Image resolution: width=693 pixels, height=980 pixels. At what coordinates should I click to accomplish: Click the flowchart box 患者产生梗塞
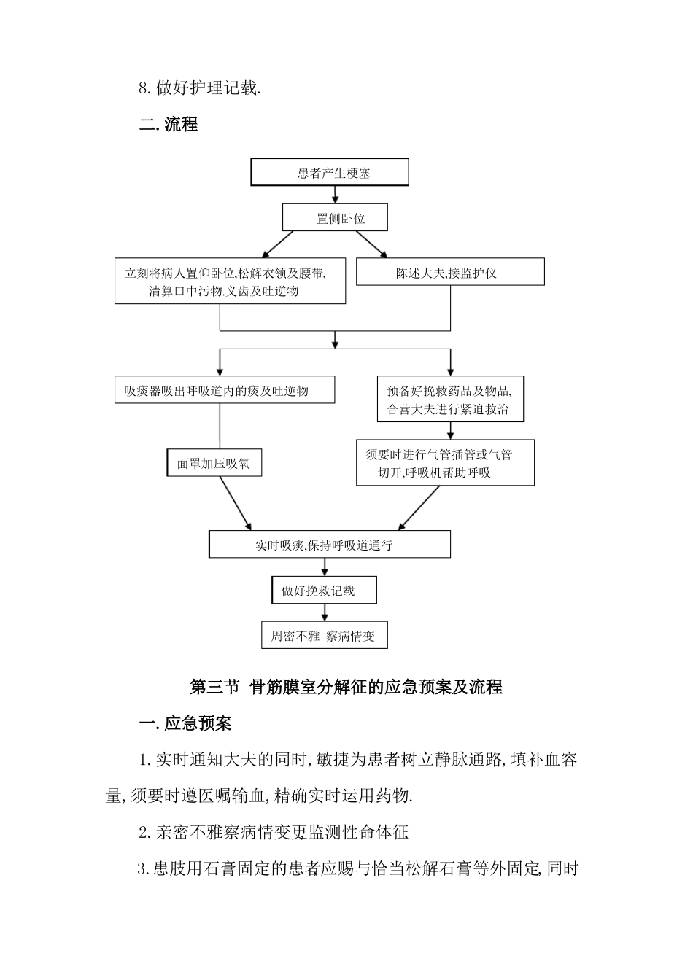pos(330,173)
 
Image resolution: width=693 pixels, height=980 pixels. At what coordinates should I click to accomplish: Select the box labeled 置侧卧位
pos(335,218)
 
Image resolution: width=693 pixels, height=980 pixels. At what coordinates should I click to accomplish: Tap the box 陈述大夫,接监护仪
pos(449,273)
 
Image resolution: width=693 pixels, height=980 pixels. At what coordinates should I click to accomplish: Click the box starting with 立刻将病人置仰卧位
pos(230,281)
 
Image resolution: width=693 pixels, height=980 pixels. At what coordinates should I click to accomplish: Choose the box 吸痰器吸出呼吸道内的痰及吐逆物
pos(224,390)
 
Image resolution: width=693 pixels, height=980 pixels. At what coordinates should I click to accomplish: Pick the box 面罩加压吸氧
pos(213,463)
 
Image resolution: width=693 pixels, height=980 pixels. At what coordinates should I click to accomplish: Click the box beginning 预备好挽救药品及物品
pos(450,398)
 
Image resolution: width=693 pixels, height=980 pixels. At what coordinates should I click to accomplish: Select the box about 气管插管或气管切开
pos(445,463)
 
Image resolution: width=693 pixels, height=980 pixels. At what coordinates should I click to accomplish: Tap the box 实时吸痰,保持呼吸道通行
pos(329,545)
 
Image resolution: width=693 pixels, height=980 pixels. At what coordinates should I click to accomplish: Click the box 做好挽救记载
pos(324,591)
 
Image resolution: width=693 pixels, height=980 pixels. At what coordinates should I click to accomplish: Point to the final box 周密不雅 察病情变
pos(324,635)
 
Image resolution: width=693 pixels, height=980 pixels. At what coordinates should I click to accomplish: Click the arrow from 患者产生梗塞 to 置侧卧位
pos(335,194)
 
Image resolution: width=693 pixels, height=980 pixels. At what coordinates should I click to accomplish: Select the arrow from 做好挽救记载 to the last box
pos(325,612)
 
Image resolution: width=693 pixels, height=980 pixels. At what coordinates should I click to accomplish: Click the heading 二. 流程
pos(169,124)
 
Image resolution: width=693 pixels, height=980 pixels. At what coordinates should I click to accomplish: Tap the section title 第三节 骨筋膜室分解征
pos(346,687)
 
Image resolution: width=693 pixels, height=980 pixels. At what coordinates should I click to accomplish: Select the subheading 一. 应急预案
pos(185,723)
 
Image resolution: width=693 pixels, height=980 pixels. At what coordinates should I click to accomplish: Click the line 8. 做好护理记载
pos(199,88)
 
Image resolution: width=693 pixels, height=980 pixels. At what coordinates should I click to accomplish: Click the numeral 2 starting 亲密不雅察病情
pos(144,833)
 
